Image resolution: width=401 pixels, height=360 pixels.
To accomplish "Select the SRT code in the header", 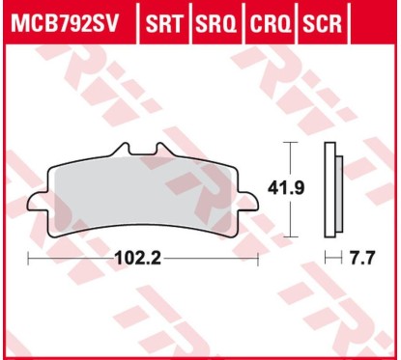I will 166,21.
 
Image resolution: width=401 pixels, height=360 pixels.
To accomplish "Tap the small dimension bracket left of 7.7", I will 331,260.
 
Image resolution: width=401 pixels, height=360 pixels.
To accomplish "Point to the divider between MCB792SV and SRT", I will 140,21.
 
